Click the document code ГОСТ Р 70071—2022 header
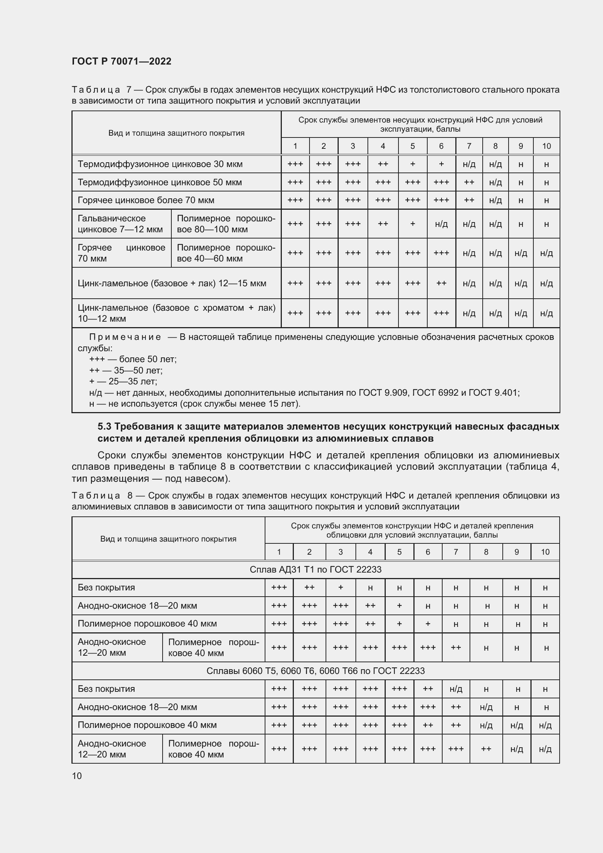121,61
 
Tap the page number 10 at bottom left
77,776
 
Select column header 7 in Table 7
469,146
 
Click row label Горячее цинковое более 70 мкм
146,200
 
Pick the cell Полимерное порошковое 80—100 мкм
226,224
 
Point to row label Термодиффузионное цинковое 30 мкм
160,164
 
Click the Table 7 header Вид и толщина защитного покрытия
176,133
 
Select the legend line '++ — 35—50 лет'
126,371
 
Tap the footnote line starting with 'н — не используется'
195,403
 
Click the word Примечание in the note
125,337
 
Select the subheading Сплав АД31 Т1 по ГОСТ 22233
316,570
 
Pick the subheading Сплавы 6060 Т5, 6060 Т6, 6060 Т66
316,671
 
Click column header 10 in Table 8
545,552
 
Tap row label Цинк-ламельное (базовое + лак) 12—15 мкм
172,283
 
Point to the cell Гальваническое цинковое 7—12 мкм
120,224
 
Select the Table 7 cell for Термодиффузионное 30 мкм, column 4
383,164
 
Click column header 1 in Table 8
279,552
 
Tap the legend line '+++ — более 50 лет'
133,359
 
